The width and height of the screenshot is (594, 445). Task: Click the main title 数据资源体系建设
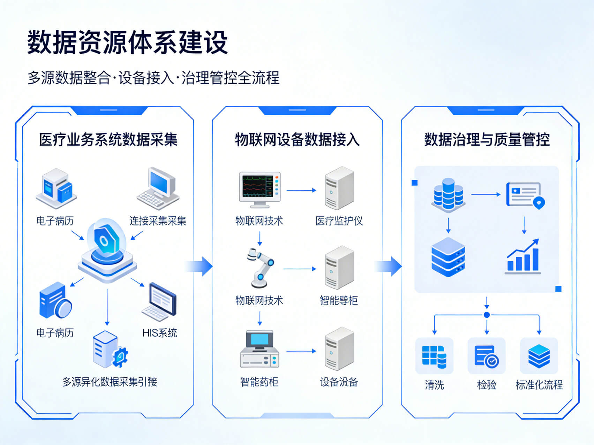128,43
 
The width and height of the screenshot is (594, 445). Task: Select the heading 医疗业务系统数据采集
108,140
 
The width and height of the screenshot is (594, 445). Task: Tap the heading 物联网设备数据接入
297,140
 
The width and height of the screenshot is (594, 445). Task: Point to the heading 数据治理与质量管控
487,140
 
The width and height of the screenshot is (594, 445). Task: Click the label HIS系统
159,333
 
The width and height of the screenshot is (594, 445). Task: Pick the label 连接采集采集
158,221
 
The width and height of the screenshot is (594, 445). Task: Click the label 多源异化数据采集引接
110,382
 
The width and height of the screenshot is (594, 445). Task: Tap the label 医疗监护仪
339,221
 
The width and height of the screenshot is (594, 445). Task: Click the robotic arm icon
260,268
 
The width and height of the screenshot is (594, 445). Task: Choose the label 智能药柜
259,382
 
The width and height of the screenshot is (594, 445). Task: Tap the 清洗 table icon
434,356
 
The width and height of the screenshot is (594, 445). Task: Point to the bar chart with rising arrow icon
523,256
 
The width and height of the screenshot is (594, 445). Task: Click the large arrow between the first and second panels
200,267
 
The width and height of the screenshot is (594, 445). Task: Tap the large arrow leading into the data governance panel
389,267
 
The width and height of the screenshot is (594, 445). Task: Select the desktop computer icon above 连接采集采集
158,189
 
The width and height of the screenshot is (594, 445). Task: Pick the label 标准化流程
539,385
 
